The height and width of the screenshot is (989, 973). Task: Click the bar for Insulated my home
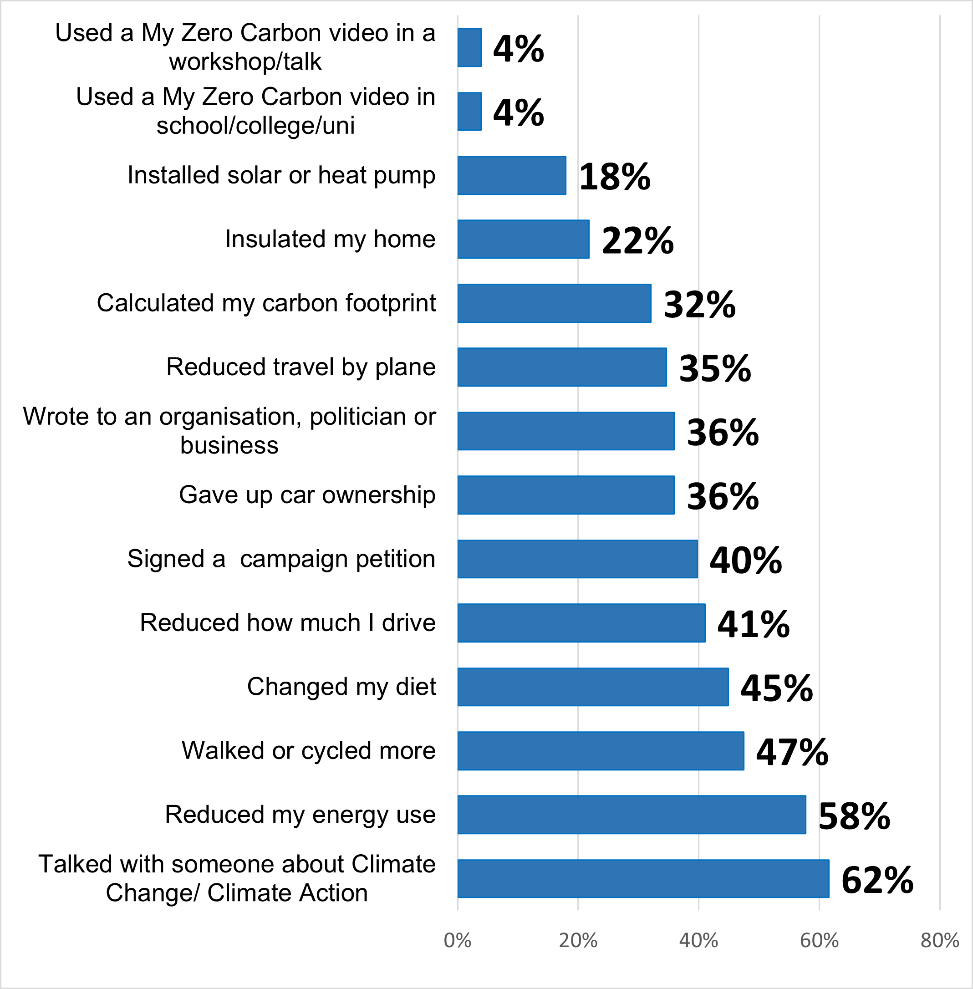click(523, 239)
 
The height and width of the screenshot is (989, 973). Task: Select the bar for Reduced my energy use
click(632, 815)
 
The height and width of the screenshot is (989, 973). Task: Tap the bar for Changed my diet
click(593, 687)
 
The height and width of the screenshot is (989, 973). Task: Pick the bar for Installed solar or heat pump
click(511, 175)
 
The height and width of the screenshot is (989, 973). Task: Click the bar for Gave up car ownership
click(565, 495)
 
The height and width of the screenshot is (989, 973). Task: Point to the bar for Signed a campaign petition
click(577, 559)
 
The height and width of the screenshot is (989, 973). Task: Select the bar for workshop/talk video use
click(469, 47)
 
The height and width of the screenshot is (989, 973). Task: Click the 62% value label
click(877, 880)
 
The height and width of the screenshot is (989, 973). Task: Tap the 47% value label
click(792, 752)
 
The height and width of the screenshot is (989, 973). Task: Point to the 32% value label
click(699, 305)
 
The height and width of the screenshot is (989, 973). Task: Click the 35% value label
click(714, 368)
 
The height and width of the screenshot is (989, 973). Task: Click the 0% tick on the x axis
click(458, 941)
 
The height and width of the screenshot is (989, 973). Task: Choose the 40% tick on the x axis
click(698, 941)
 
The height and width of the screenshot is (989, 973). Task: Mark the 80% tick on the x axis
click(939, 941)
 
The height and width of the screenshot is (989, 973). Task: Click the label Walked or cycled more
click(309, 751)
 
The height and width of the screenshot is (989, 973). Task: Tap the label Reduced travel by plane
click(301, 367)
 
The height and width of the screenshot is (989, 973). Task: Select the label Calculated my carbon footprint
click(266, 303)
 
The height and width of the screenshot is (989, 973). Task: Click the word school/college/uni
click(255, 126)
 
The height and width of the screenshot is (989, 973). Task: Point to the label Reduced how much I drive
click(288, 623)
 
